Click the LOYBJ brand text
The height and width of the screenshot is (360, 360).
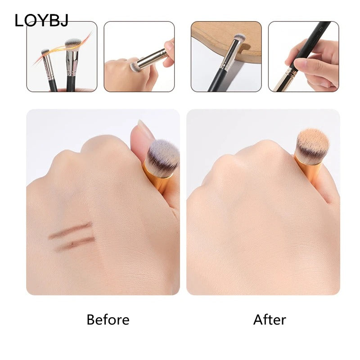point(41,20)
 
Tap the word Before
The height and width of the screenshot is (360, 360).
point(108,319)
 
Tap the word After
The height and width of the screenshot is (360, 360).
point(270,319)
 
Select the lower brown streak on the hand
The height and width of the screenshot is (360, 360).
point(75,243)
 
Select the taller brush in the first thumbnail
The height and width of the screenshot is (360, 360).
point(72,63)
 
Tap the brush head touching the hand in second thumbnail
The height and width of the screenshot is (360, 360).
point(134,67)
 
